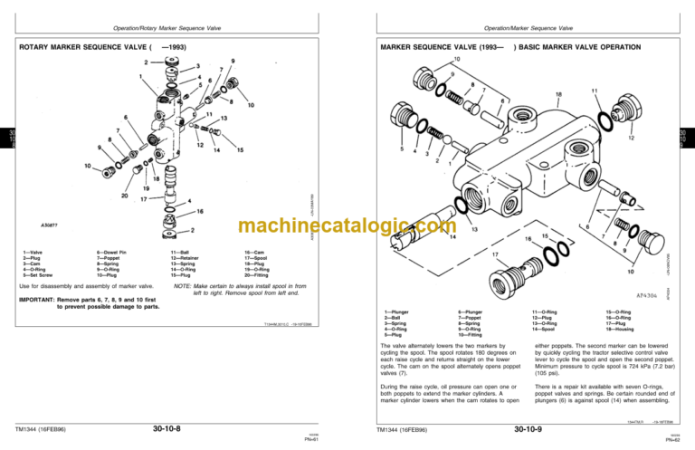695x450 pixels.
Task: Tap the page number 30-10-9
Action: [x=528, y=427]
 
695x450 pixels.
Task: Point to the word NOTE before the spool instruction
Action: [x=183, y=286]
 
